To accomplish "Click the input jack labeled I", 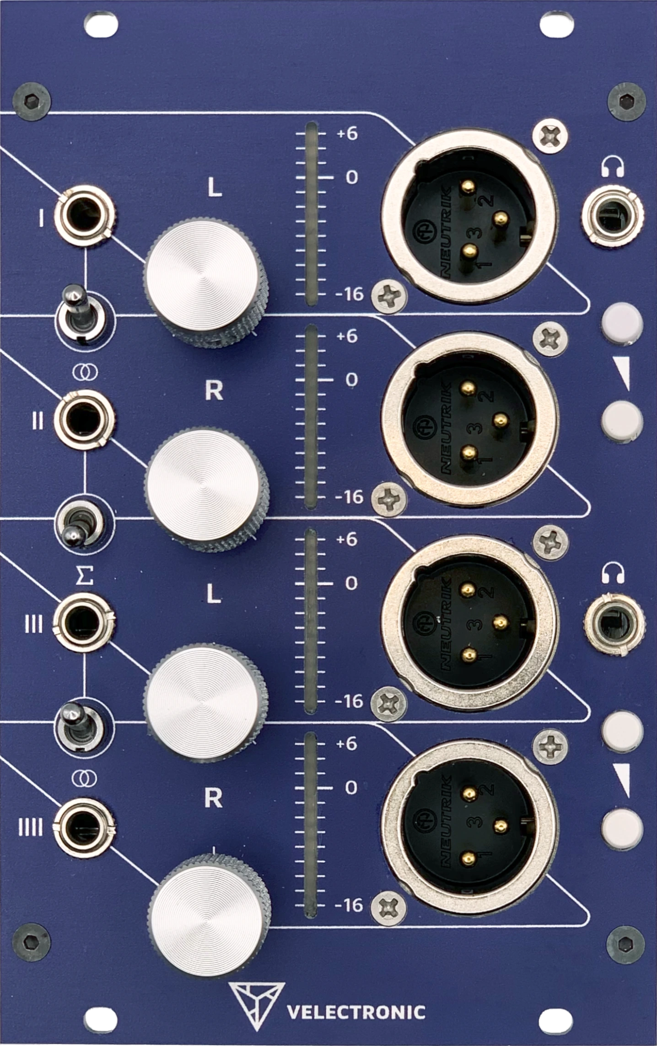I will coord(85,215).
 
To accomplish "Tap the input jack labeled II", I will coord(83,419).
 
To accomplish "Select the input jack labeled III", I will coord(84,622).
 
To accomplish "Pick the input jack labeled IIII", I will coord(84,827).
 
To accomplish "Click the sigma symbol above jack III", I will coord(84,575).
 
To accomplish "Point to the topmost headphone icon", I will coord(613,167).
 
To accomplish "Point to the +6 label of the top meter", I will coord(347,134).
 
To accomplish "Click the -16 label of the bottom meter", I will coord(349,905).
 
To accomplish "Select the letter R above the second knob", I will coord(214,391).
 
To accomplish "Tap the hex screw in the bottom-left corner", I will coord(31,942).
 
